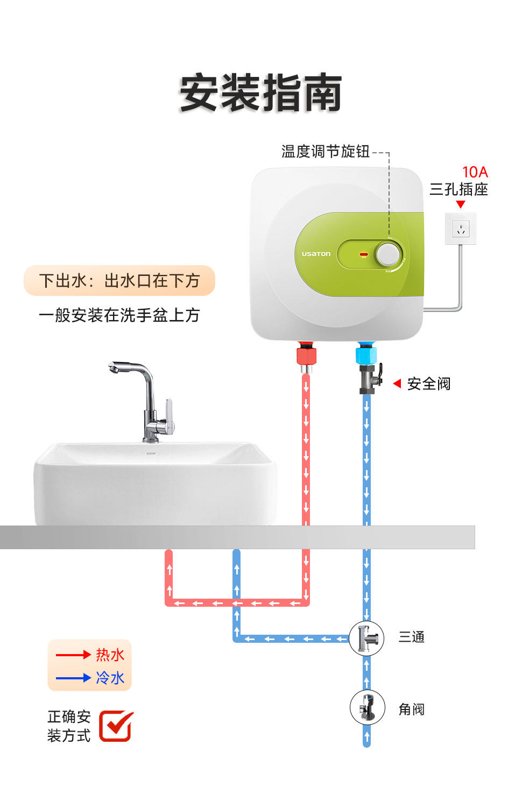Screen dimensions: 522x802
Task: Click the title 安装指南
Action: tap(260, 93)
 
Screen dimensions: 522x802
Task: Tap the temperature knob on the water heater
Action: tap(388, 254)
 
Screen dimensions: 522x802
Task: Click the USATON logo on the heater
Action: tap(316, 254)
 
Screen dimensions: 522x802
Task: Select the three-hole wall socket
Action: tap(461, 229)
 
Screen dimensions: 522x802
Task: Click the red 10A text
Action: tap(475, 172)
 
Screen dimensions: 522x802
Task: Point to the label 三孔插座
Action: tap(458, 189)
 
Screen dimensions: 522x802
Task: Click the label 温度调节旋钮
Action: tap(325, 152)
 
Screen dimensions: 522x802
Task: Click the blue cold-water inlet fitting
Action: tap(366, 354)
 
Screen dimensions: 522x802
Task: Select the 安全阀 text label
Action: tap(428, 384)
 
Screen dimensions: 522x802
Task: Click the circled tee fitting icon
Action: tap(366, 638)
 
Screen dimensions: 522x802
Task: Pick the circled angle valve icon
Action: tap(367, 707)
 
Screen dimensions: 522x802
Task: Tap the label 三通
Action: tap(412, 637)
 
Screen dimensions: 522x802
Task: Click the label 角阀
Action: tap(412, 709)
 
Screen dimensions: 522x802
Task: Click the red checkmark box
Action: tap(116, 726)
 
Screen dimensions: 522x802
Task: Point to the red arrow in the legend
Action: tap(73, 655)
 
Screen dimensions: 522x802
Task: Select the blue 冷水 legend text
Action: tap(110, 678)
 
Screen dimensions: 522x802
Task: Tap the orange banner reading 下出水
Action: tap(119, 281)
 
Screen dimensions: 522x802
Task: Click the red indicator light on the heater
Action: tap(363, 254)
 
